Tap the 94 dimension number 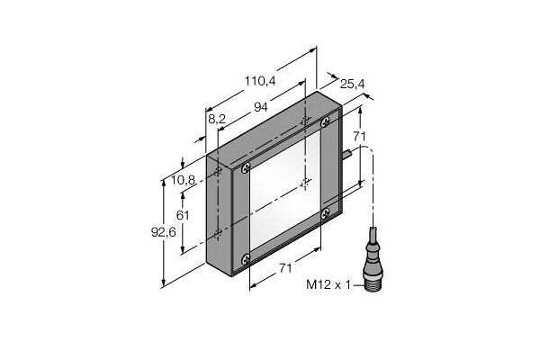click(262, 108)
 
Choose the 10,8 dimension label click(184, 180)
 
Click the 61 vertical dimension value click(183, 215)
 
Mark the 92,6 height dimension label click(163, 233)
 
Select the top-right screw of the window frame click(332, 115)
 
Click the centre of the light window click(281, 187)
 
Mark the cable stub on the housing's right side click(346, 154)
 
